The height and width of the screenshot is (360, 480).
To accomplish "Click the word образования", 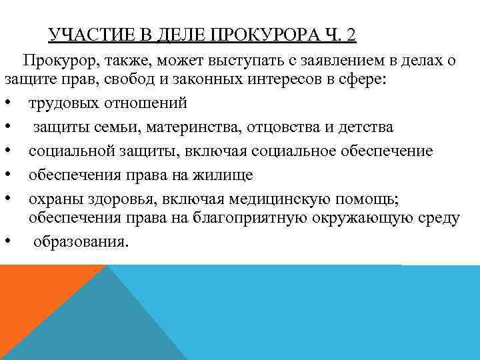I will [x=79, y=241].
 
